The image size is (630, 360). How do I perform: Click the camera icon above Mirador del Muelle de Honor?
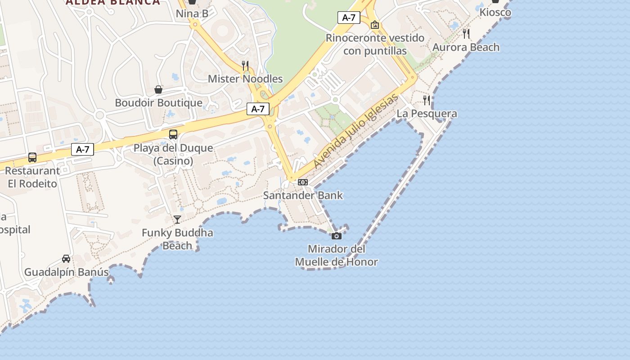[336, 236]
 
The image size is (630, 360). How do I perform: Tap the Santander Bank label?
[303, 195]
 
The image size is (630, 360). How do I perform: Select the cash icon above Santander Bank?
[303, 182]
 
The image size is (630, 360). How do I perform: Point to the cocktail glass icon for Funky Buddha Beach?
[177, 220]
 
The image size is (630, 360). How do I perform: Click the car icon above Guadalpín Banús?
[66, 259]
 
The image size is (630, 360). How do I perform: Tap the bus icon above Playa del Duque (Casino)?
[173, 134]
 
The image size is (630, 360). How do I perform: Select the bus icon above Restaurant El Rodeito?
[32, 157]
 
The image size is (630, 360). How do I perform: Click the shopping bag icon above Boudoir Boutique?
[158, 90]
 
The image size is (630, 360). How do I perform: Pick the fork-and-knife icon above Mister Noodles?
[245, 66]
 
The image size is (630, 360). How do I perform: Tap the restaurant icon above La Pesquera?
[427, 100]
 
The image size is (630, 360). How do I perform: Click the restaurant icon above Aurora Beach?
[466, 33]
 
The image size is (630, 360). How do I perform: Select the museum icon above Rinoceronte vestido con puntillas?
[375, 25]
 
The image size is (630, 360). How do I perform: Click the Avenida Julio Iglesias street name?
[356, 131]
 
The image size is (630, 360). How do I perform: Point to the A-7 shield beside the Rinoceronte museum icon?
[349, 18]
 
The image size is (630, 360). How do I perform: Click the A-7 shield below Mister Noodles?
[258, 109]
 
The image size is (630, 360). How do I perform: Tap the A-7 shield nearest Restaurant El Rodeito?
[82, 149]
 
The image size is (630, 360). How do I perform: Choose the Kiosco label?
[495, 12]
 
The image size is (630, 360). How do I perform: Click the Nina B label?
[192, 13]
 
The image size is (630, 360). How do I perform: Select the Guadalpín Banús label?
[66, 272]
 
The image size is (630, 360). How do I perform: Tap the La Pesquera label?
[427, 114]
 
